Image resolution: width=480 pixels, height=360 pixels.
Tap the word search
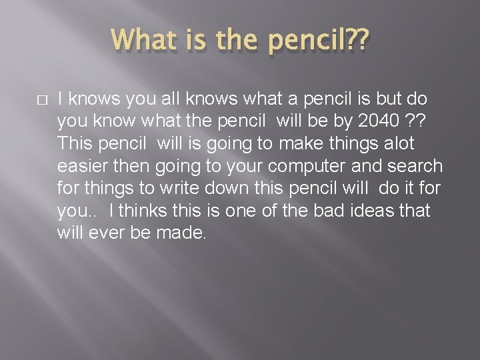click(416, 166)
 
